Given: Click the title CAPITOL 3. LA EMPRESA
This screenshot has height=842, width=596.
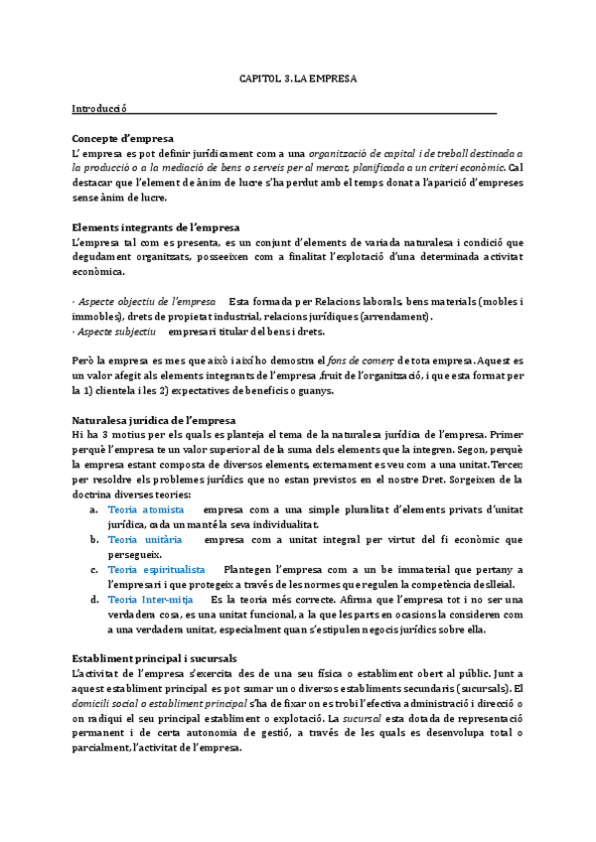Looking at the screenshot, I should [x=298, y=77].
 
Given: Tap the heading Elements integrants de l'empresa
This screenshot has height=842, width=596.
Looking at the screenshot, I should [x=156, y=227].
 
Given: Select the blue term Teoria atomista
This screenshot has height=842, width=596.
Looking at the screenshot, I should [x=146, y=509].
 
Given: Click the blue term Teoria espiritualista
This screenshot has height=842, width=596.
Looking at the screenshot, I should [x=157, y=570].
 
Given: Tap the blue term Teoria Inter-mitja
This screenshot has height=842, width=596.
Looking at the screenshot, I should [x=150, y=600].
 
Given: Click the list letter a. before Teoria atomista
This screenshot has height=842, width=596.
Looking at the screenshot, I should [x=93, y=509].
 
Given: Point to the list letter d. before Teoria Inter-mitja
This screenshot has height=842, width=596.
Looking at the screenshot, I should [x=93, y=600].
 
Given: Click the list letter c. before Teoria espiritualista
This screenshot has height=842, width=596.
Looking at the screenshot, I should [x=93, y=570].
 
